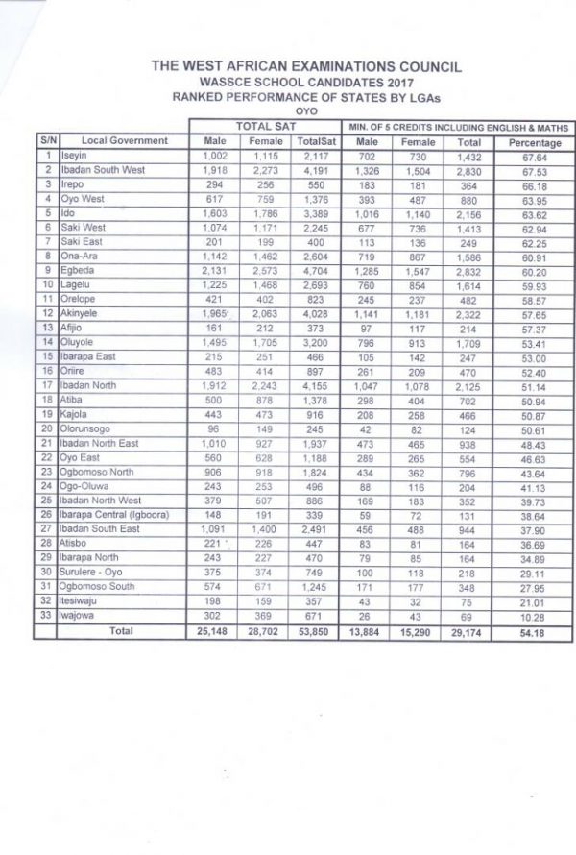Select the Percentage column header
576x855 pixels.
coord(534,142)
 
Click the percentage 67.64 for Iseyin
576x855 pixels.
coord(534,157)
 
